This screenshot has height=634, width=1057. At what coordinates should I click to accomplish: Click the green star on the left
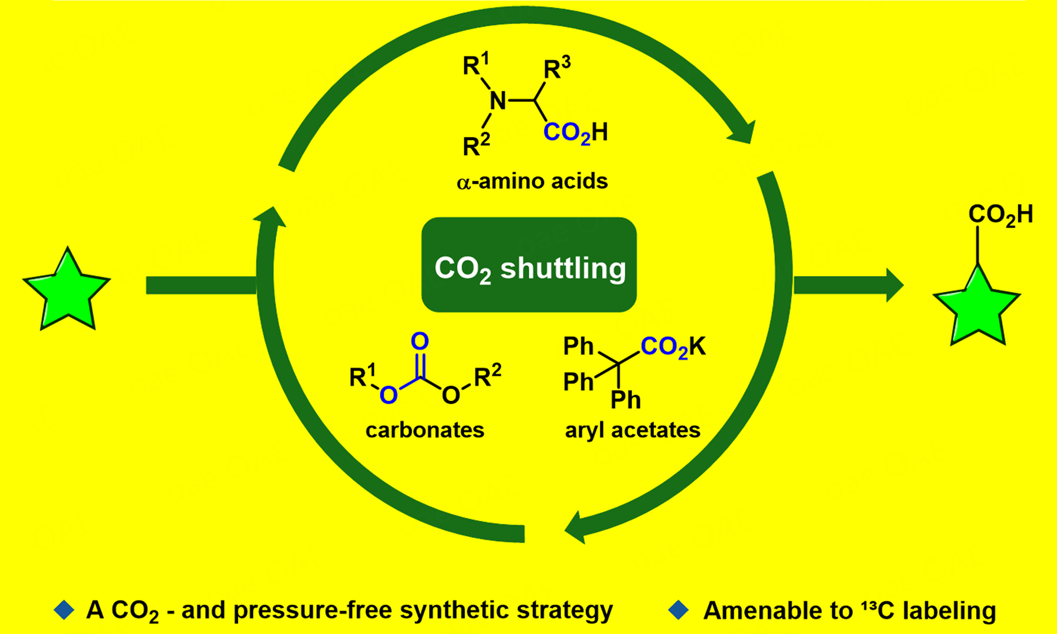(67, 291)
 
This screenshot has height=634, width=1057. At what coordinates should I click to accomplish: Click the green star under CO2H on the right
(977, 307)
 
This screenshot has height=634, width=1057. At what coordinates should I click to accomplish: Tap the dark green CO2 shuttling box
(529, 265)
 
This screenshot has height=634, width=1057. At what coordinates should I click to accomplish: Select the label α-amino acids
(532, 182)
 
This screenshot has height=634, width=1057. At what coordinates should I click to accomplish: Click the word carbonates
(425, 430)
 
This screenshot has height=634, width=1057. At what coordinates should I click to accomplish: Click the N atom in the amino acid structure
(498, 101)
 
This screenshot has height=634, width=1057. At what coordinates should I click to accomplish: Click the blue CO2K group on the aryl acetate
(673, 346)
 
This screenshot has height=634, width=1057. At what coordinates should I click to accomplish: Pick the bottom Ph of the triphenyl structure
(626, 400)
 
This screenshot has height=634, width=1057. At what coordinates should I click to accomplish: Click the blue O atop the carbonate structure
(419, 341)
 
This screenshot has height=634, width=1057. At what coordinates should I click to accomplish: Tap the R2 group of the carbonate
(488, 376)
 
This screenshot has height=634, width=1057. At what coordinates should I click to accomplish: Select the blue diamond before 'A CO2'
(64, 610)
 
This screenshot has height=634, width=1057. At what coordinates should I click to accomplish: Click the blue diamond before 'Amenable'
(678, 610)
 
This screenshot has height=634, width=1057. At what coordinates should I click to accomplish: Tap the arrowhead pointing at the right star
(894, 285)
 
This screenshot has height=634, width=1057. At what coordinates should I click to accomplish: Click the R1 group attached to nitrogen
(476, 64)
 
